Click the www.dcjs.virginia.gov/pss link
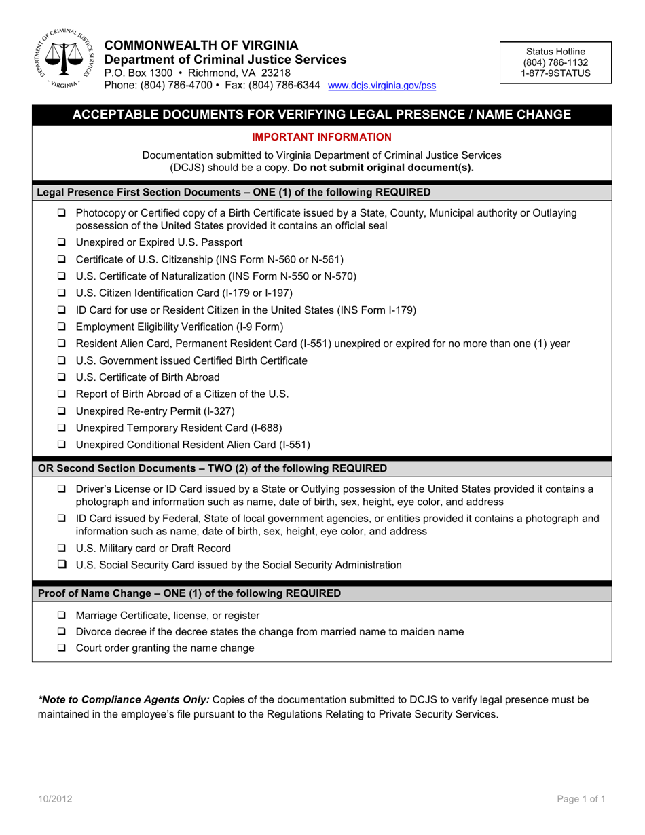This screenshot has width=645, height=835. coord(382,86)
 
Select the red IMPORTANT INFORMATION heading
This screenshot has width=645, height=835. coord(322,136)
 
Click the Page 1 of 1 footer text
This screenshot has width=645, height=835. coord(581,800)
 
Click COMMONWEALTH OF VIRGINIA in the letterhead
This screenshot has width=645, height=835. coord(200,45)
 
